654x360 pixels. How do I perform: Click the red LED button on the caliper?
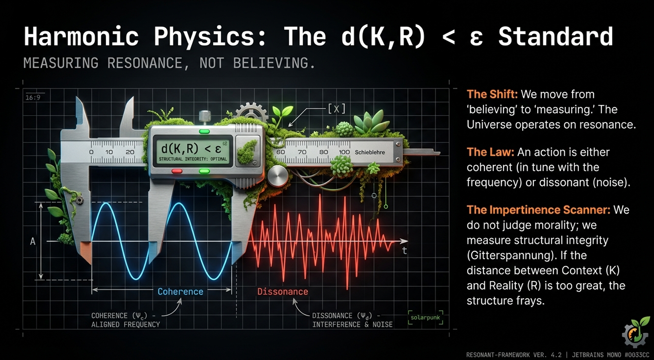coord(177,171)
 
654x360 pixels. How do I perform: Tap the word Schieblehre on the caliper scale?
coord(370,152)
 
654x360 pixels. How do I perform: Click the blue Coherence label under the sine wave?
coord(180,291)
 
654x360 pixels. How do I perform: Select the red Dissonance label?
coord(283,291)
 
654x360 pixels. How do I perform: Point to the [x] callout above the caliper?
coord(337,109)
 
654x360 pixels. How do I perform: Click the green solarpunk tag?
coord(425,318)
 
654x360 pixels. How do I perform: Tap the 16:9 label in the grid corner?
coord(33,97)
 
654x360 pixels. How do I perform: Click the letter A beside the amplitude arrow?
coord(33,241)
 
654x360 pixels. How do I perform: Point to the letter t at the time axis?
coord(404,250)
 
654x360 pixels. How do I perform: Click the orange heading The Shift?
coord(492,94)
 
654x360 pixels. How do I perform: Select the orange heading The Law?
coord(490,152)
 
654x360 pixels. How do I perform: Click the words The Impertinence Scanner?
coord(539,210)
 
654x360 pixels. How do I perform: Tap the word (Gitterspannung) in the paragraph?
coord(510,256)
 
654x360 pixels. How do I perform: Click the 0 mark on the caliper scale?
coord(92,152)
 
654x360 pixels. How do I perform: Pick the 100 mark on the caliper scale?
coord(344,152)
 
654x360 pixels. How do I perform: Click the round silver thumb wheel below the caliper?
coord(277,176)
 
